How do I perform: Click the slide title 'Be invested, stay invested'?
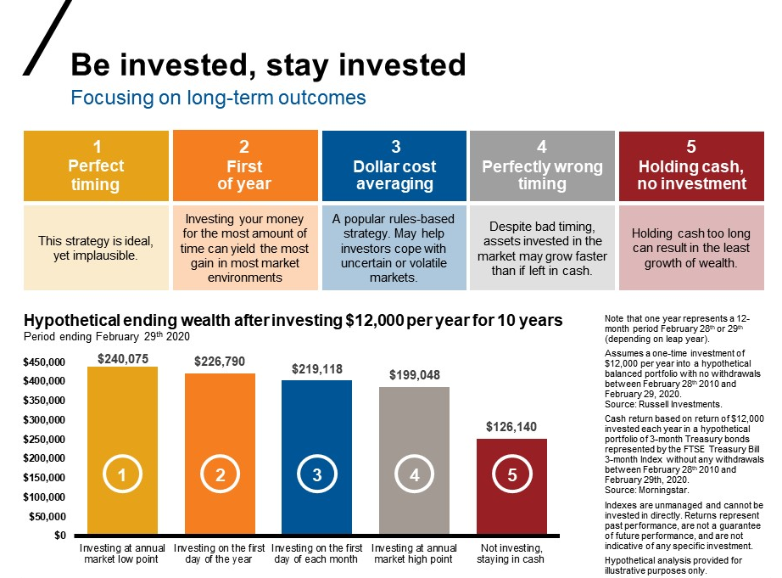pos(268,65)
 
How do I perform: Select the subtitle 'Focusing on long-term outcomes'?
pos(218,98)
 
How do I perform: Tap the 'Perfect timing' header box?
pos(96,166)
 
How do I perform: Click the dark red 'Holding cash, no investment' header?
pos(691,166)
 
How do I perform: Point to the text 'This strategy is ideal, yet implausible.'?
pos(96,247)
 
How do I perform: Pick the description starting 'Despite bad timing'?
pos(542,247)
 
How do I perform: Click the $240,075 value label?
pos(123,359)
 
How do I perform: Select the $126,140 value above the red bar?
pos(511,427)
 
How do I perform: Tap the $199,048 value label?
pos(415,374)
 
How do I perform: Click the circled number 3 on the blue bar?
pos(317,476)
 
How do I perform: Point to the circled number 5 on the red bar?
pos(512,476)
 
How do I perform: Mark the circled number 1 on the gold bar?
pos(122,476)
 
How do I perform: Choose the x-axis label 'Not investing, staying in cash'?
pos(511,554)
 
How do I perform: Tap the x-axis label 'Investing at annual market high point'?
pos(414,554)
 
